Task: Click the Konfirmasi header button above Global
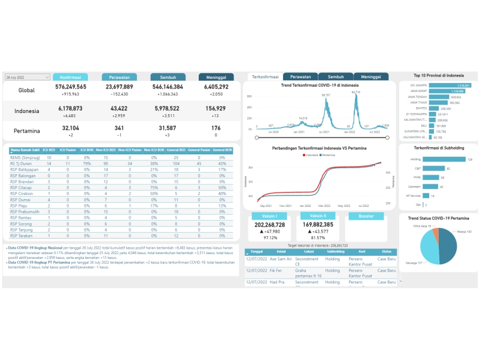click(x=71, y=77)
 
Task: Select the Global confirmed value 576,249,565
click(x=71, y=87)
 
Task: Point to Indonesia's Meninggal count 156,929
click(x=216, y=108)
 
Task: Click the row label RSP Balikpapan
click(x=22, y=169)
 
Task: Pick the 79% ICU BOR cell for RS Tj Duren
click(x=87, y=163)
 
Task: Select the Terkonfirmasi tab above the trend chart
click(x=265, y=77)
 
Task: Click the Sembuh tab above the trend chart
click(x=336, y=77)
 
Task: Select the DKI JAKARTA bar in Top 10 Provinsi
click(x=450, y=86)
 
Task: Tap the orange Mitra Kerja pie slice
click(x=436, y=231)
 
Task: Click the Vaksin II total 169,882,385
click(x=318, y=225)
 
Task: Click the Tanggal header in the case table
click(x=257, y=252)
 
